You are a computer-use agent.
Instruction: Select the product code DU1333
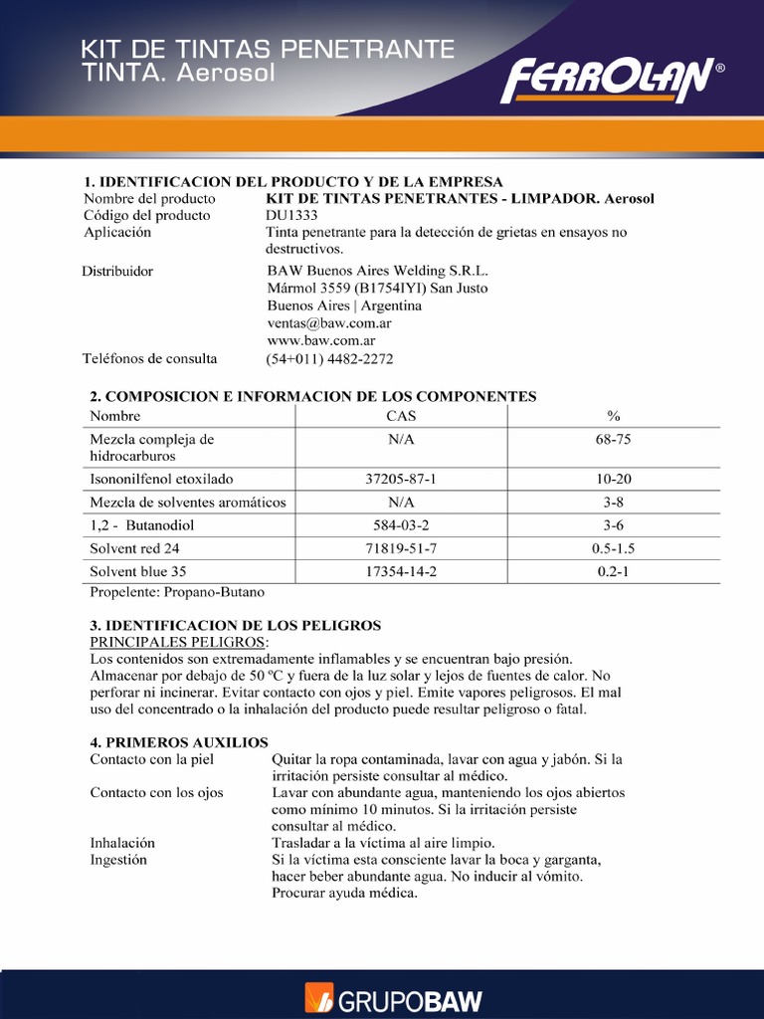click(292, 215)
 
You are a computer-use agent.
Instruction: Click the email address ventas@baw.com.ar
click(329, 323)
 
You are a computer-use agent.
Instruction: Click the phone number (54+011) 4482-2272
click(330, 359)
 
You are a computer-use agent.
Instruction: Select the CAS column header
click(401, 416)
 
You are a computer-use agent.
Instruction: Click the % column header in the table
click(614, 416)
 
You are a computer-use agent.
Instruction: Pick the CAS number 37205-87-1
click(401, 479)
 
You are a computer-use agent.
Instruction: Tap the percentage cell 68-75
click(614, 439)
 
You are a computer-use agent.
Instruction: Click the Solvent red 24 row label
click(135, 548)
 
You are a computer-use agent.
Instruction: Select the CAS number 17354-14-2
click(401, 572)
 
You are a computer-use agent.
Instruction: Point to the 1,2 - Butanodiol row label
click(142, 524)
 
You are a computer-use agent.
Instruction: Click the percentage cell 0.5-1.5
click(614, 548)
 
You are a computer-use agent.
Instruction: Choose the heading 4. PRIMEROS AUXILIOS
click(179, 742)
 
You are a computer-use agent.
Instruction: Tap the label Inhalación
click(122, 842)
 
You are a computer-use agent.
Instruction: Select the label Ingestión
click(118, 860)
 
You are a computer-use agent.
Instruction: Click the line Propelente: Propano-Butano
click(177, 592)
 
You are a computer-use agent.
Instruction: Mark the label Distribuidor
click(117, 271)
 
